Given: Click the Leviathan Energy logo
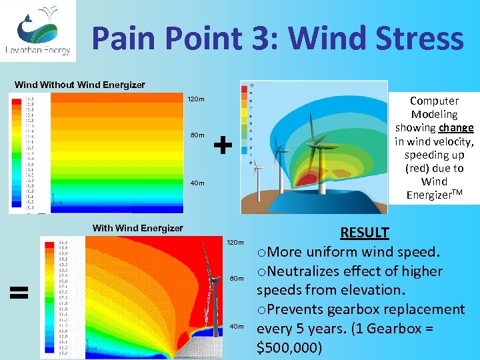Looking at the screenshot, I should (x=37, y=31).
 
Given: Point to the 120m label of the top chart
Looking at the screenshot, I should (x=195, y=100).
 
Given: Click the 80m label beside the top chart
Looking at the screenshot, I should (x=197, y=135).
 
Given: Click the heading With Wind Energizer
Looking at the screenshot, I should (x=137, y=228).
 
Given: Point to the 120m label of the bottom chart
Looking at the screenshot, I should (x=236, y=241).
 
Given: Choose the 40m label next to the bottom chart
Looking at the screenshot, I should (x=238, y=326).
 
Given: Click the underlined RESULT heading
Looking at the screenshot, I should (x=365, y=233).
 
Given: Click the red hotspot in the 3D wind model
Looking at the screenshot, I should (x=307, y=179).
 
